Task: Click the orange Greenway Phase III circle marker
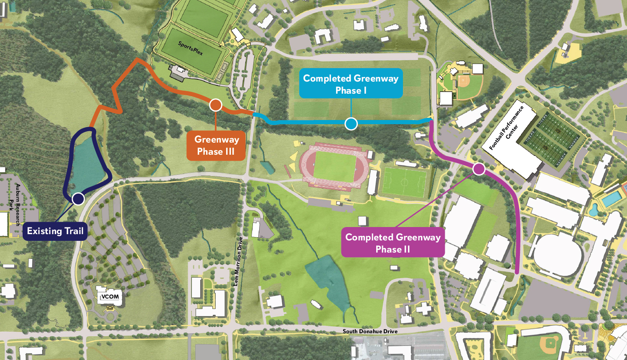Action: [215, 105]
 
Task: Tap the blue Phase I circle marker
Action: [351, 124]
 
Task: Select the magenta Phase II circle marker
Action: [479, 169]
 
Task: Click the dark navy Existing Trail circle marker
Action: [78, 199]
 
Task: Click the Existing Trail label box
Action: [55, 231]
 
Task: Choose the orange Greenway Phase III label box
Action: [216, 146]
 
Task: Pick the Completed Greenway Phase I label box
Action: [351, 84]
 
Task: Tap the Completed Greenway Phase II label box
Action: [393, 243]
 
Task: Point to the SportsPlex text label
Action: [191, 49]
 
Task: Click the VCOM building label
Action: [110, 297]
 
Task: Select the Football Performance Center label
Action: [507, 128]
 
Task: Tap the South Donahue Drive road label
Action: [370, 331]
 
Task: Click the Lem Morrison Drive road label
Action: [237, 262]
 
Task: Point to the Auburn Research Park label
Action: [14, 205]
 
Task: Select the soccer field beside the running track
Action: [404, 183]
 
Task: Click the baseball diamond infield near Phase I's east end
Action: [463, 82]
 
